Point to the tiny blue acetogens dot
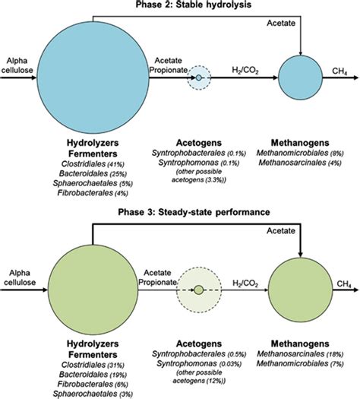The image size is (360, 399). pos(199,78)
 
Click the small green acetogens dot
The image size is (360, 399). pos(198,290)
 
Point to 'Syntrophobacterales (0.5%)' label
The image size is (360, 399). pos(198,366)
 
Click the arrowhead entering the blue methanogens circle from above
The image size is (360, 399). pos(302,53)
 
